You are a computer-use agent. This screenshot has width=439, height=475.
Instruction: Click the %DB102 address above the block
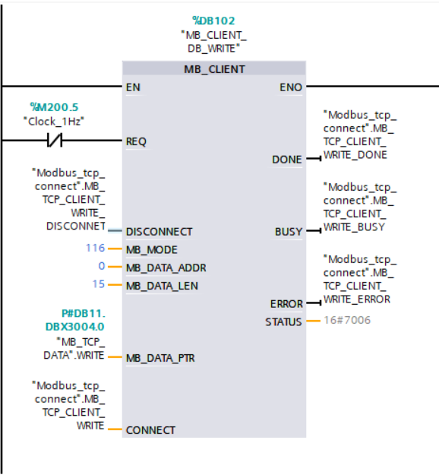[213, 21]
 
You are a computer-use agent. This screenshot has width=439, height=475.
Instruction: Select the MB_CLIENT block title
[214, 69]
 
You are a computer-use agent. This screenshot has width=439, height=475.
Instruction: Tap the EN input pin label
[133, 87]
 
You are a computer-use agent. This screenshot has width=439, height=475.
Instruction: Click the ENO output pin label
[291, 87]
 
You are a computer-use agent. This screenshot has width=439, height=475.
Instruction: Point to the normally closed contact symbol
[55, 141]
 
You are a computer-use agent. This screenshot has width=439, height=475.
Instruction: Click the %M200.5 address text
[54, 107]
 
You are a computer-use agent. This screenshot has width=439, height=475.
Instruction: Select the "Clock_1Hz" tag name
[54, 122]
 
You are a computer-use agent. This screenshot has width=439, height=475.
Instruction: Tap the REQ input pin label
[136, 141]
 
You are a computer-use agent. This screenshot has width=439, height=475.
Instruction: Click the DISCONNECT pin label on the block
[159, 232]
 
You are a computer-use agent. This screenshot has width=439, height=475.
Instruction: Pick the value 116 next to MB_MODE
[96, 248]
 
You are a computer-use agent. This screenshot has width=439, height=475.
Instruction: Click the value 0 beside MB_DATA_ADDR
[102, 266]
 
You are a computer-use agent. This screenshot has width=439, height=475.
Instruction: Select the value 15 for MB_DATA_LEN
[99, 284]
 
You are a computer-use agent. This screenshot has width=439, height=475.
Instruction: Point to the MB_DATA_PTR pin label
[160, 358]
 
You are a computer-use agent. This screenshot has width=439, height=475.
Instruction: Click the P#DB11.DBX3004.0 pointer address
[75, 320]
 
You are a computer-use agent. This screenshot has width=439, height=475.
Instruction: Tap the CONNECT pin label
[150, 430]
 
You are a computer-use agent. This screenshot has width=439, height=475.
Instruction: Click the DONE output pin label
[286, 160]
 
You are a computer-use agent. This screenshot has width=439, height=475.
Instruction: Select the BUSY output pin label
[288, 232]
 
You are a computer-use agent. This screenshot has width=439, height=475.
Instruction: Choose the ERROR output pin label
[286, 304]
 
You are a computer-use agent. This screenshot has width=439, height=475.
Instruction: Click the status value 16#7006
[347, 320]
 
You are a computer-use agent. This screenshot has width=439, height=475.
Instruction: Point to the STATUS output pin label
[283, 321]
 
